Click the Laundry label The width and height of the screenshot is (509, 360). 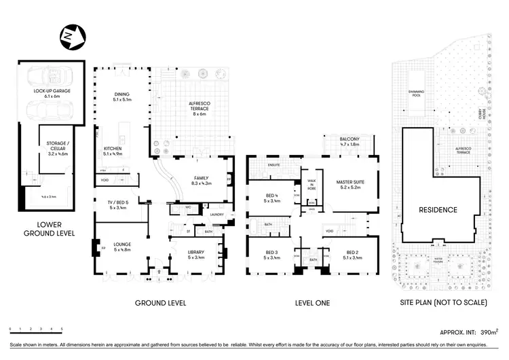tap(216, 215)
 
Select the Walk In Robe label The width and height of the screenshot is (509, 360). tap(312, 182)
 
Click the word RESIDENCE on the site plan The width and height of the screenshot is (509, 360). tap(437, 209)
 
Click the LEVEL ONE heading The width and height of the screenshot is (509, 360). tap(312, 303)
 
